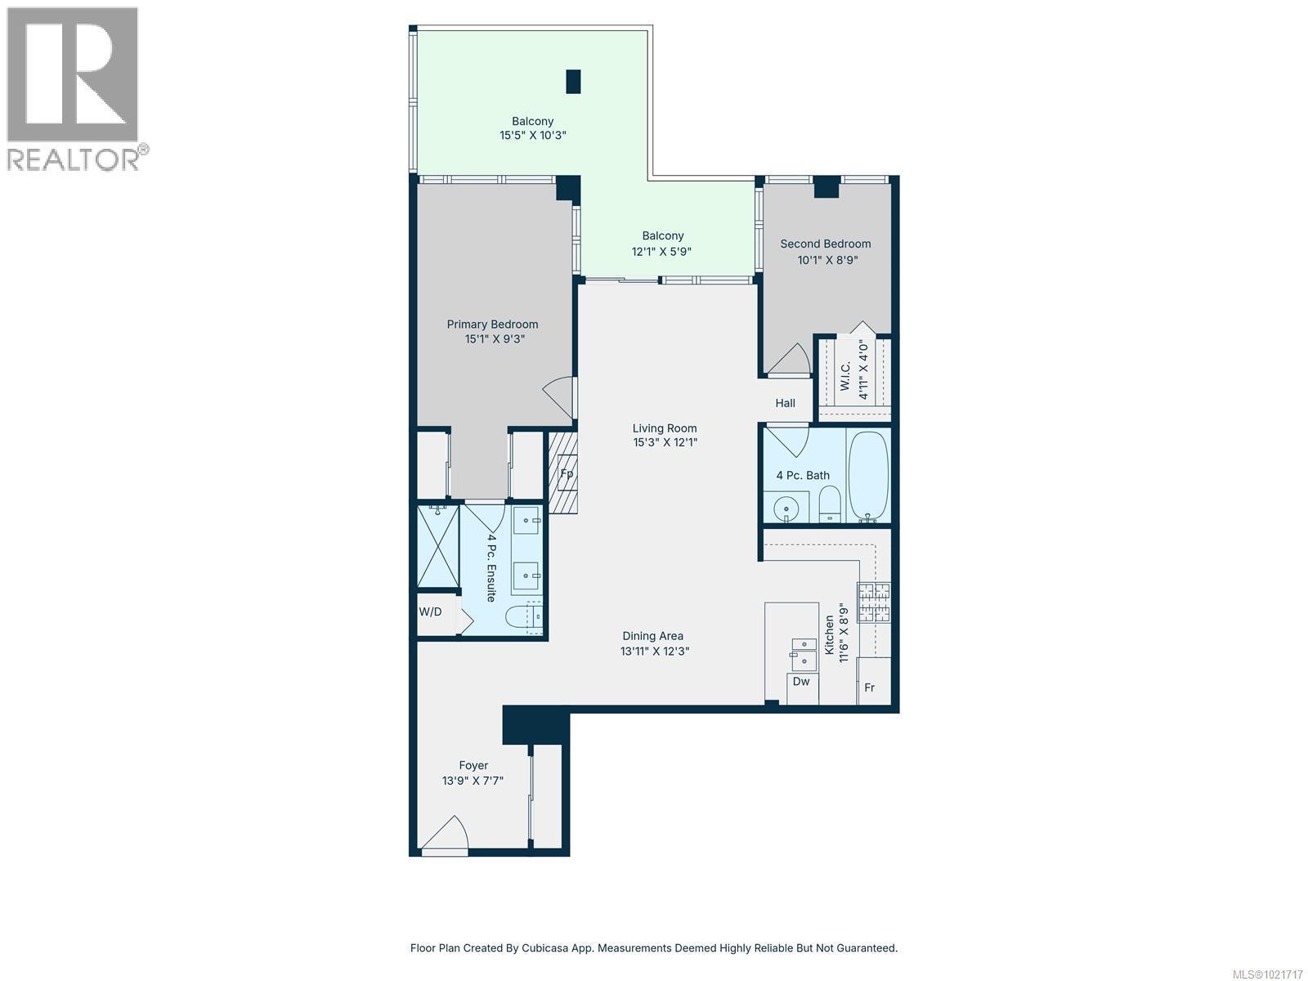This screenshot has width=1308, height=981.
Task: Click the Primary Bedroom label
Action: (x=492, y=325)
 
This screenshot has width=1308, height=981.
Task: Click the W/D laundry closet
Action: (x=431, y=611)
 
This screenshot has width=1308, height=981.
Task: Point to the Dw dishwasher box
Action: (x=801, y=682)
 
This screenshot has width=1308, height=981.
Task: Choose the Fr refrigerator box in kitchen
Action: (x=870, y=688)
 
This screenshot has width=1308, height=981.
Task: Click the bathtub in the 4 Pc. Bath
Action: (x=868, y=476)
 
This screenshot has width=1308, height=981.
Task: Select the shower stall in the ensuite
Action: (x=437, y=545)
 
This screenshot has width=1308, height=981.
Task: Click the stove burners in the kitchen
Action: (x=874, y=603)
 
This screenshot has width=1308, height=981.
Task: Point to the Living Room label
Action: (x=664, y=428)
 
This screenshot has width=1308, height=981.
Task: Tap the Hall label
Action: (x=785, y=403)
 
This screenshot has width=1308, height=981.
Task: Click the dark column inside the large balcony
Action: (x=573, y=81)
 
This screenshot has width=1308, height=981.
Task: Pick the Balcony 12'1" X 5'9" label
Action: (x=662, y=244)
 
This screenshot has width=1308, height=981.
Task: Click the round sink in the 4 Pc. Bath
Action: (x=786, y=508)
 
